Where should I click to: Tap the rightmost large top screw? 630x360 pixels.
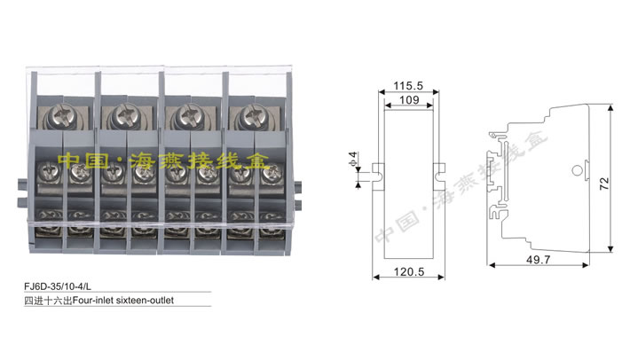coord(246,115)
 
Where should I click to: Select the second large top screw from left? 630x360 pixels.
coord(116,115)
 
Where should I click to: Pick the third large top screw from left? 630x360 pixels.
coord(182,115)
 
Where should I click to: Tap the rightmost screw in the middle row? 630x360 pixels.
coord(267,176)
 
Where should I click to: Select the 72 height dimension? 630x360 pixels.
coord(603,184)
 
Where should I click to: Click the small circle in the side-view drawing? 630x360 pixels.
coord(577,170)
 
